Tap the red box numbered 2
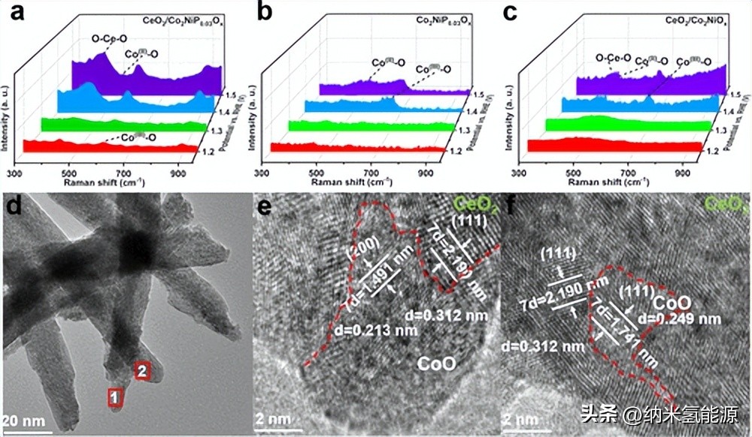(143, 369)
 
